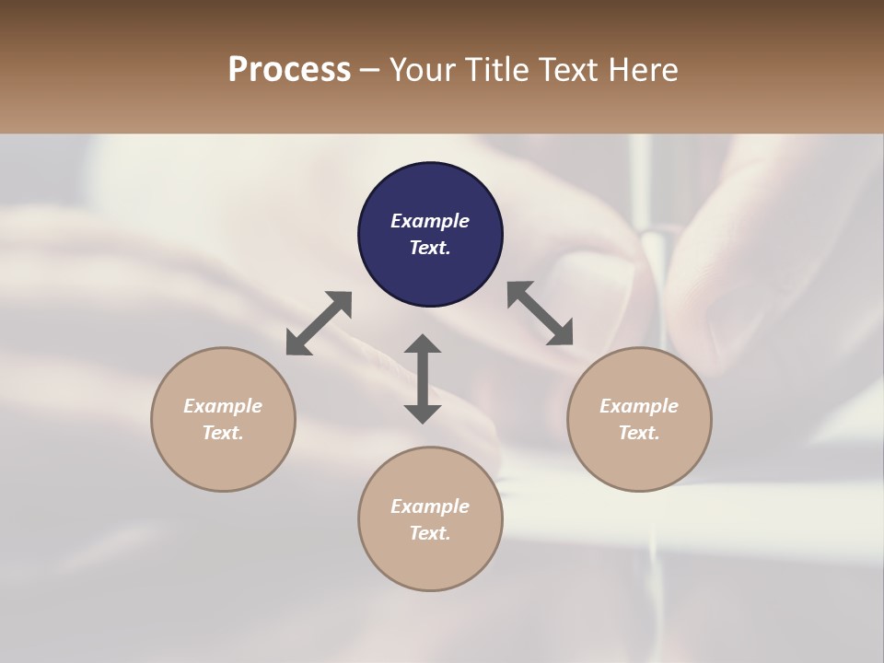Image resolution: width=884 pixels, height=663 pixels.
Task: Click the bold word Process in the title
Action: click(289, 70)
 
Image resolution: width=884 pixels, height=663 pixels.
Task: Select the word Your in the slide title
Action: click(419, 70)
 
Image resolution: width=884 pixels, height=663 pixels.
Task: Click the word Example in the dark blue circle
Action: click(430, 221)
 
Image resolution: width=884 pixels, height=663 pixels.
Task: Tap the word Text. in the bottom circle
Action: click(430, 533)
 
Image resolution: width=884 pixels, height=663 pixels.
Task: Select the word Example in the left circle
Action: click(223, 406)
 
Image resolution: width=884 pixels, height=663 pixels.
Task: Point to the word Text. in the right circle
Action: click(639, 433)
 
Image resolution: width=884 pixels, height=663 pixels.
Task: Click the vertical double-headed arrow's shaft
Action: click(423, 378)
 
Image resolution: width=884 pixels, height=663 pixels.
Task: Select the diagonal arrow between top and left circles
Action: click(319, 323)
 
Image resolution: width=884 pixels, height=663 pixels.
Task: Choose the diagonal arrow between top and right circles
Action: click(541, 313)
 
